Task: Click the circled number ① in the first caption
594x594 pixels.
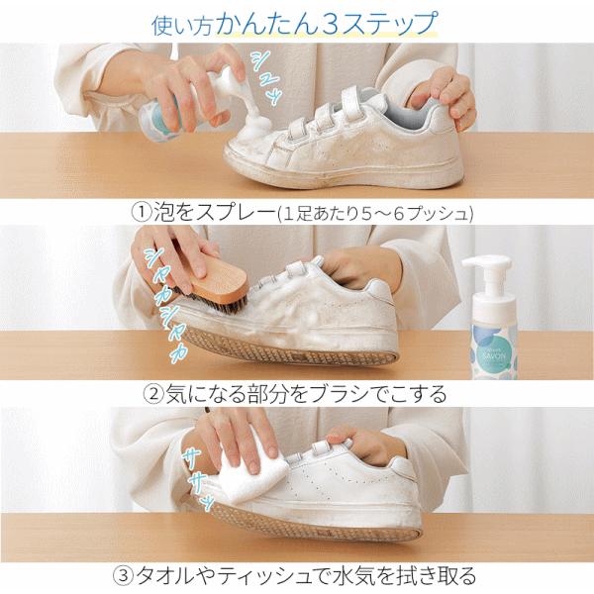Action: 142,213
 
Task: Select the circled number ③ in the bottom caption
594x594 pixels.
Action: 124,575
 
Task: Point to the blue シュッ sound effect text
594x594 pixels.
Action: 266,77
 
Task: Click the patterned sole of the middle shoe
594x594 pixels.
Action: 289,348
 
